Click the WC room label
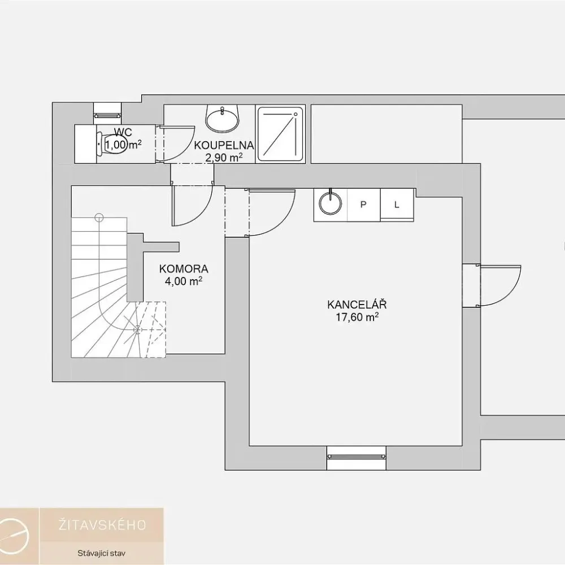point(123,132)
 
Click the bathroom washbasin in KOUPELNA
point(222,118)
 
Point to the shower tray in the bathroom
point(280,134)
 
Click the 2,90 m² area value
point(224,158)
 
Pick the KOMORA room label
point(184,269)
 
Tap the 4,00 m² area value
point(184,281)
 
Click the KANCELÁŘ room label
point(357,305)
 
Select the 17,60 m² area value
point(357,317)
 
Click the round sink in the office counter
point(331,203)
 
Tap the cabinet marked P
point(363,205)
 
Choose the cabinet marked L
point(397,205)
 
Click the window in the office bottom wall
point(356,457)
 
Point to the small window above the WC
point(108,115)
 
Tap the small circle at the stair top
point(99,218)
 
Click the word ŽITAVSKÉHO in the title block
point(102,525)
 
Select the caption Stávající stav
point(102,553)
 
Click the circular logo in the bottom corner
point(15,537)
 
